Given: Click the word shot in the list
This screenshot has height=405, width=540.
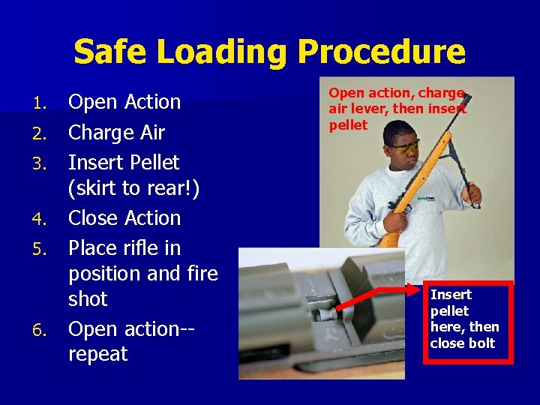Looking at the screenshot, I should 88,298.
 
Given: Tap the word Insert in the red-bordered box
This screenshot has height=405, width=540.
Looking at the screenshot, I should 451,295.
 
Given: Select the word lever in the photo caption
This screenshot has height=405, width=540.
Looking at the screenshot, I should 365,109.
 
